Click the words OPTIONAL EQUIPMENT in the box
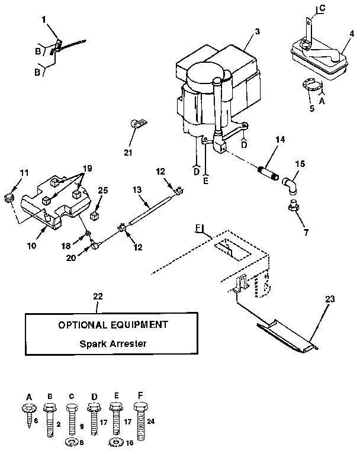coord(112,324)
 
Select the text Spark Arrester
coord(112,343)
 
